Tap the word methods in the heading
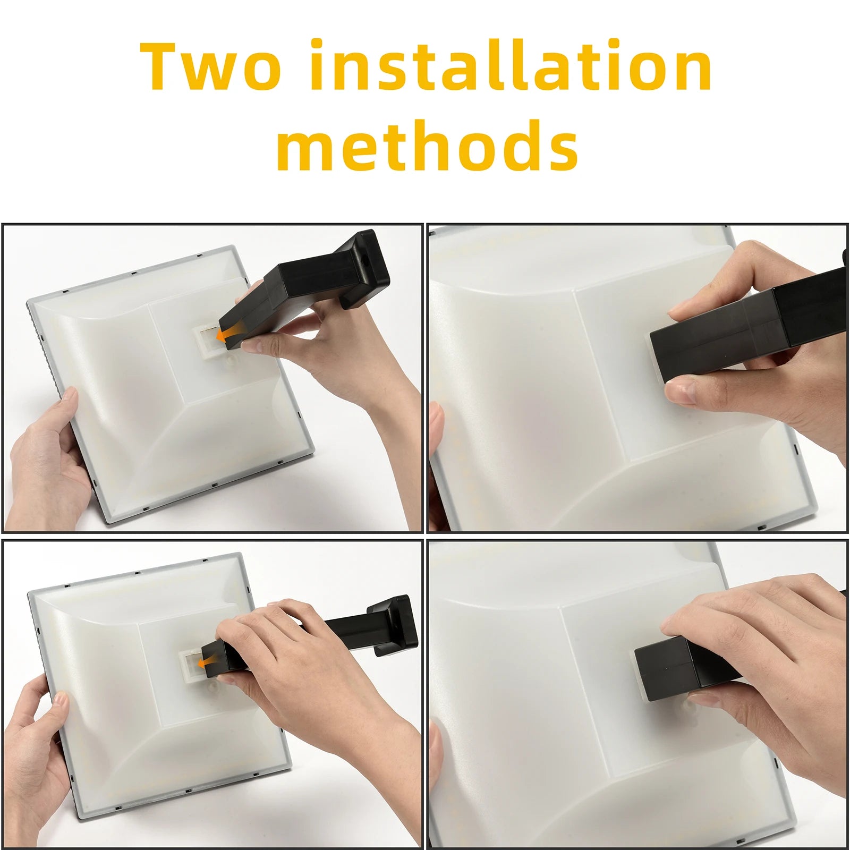pos(427,144)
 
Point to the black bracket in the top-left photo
pos(305,290)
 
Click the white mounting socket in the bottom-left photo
pos(190,665)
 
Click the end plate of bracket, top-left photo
pos(365,268)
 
